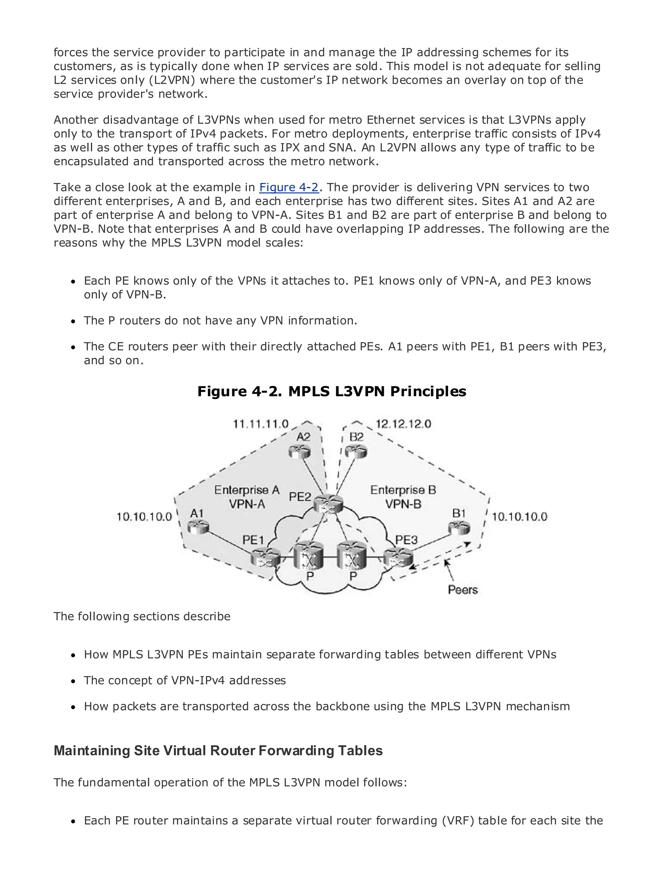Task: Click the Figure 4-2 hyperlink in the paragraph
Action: (x=289, y=187)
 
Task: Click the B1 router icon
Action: (x=459, y=527)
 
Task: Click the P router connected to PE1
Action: (x=309, y=556)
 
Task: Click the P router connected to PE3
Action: (x=352, y=556)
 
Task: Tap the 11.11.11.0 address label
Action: (x=261, y=424)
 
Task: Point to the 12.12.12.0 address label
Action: (x=403, y=424)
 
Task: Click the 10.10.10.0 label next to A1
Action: (x=144, y=516)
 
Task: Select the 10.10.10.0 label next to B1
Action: (x=519, y=516)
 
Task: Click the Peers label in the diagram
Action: (x=463, y=590)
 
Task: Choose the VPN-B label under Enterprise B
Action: (x=403, y=504)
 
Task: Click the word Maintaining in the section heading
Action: (x=92, y=751)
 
